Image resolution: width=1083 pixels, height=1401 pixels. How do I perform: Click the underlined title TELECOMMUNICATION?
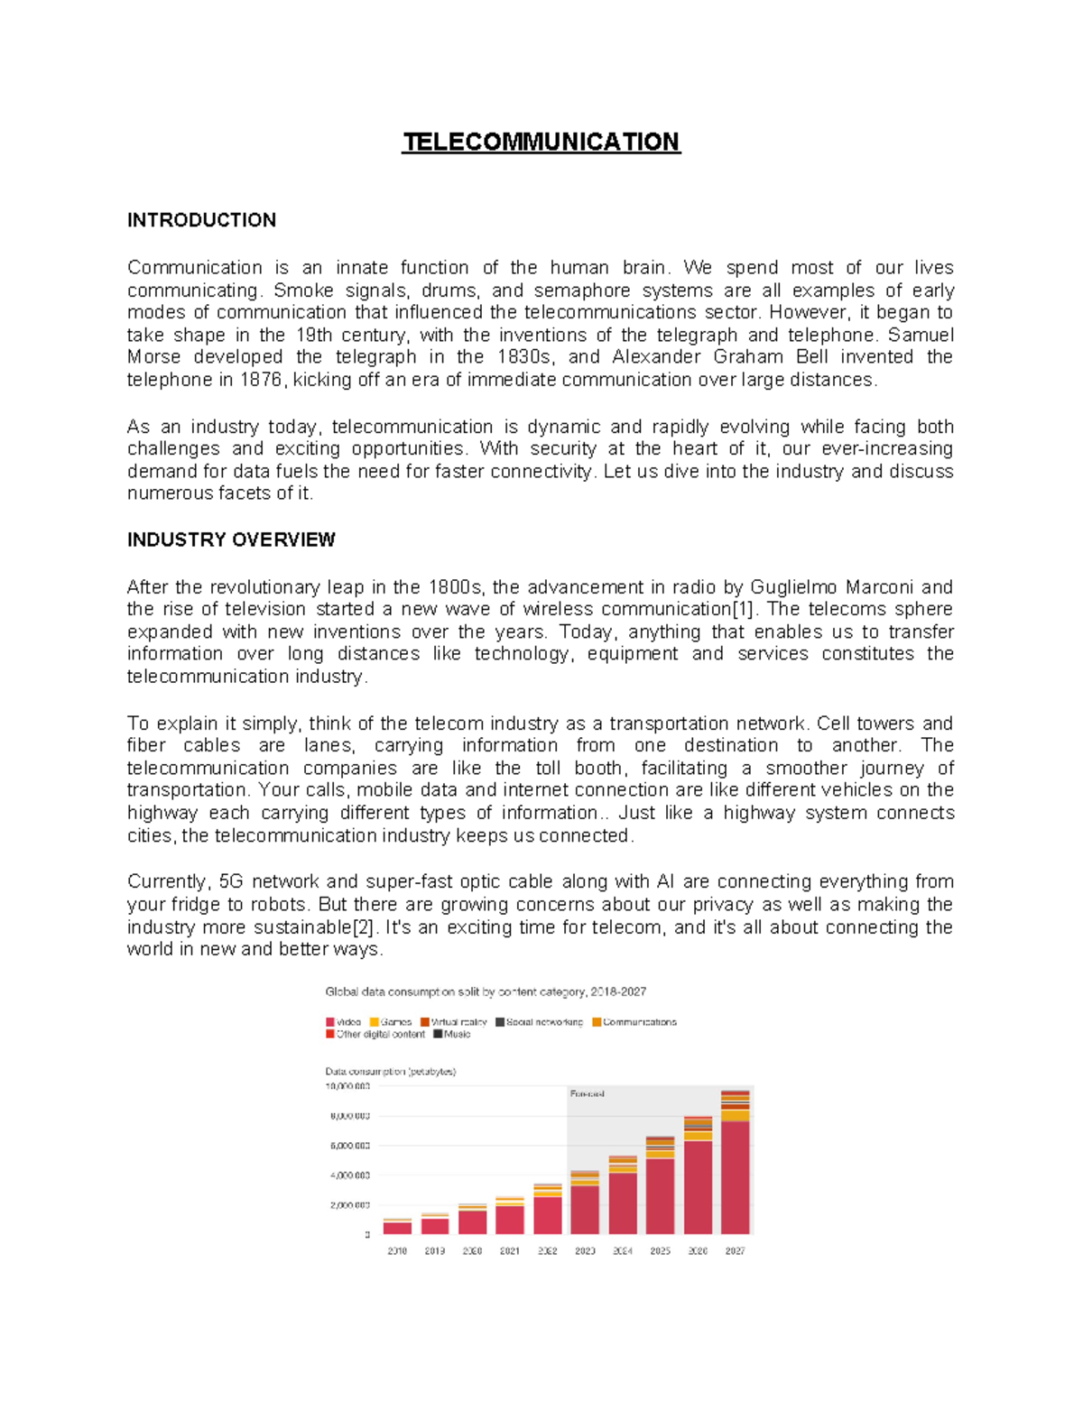pos(541,143)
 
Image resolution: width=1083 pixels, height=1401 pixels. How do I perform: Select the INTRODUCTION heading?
pos(201,220)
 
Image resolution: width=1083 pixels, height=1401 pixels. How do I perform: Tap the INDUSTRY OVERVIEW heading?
pos(231,539)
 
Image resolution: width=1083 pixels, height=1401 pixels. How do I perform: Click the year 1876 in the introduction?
pos(261,380)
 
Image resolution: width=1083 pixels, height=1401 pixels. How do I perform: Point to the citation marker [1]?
pos(741,609)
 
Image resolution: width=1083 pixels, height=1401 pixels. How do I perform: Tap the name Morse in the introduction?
pos(153,357)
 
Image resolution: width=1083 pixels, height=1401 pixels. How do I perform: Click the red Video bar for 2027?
pos(735,1176)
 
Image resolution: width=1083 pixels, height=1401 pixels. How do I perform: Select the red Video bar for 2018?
pos(397,1228)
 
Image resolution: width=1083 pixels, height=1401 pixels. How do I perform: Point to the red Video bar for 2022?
pos(547,1214)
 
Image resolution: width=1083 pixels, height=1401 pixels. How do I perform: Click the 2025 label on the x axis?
pos(660,1251)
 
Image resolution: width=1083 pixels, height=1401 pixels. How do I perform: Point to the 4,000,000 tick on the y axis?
pos(348,1175)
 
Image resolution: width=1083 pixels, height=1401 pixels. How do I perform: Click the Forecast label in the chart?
pos(587,1093)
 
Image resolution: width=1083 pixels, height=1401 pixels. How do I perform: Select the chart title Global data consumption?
pos(486,991)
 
